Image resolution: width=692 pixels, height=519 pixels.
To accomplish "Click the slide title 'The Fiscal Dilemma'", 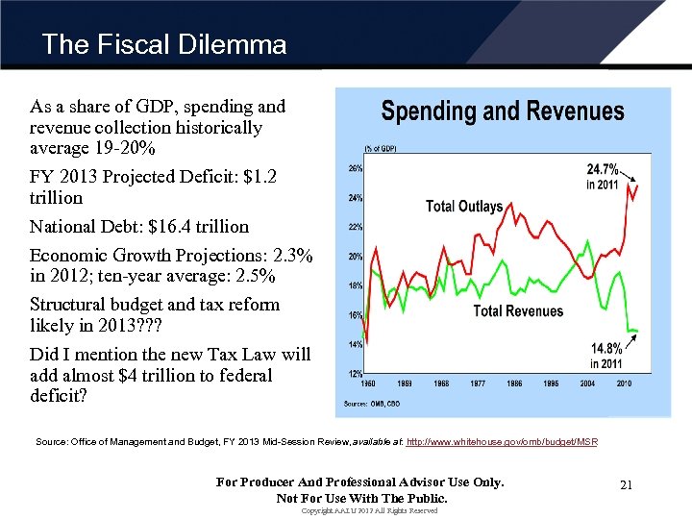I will click(164, 45).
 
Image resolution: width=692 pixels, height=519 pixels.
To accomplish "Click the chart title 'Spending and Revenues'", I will click(503, 111).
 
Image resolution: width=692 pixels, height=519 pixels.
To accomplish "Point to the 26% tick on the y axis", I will click(355, 168).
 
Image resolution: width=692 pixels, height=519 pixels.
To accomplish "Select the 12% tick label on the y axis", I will click(355, 373).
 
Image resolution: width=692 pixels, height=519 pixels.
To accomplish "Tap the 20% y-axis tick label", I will click(355, 257).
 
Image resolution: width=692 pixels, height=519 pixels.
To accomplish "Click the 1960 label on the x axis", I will click(367, 383).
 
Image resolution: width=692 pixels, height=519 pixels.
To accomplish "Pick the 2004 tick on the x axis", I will click(588, 383).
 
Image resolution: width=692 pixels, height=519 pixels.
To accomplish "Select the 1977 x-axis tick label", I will click(478, 383).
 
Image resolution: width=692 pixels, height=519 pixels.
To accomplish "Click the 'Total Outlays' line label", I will click(464, 207).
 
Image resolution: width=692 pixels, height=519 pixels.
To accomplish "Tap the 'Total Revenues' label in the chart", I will click(518, 310).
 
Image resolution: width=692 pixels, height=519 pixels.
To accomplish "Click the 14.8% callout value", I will click(606, 348).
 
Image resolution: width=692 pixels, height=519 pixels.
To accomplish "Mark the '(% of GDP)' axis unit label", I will click(380, 148).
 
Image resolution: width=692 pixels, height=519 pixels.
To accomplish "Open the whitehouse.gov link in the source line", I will click(502, 442).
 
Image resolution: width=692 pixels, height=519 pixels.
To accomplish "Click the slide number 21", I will click(626, 485).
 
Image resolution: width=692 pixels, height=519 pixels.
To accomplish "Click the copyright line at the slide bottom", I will click(369, 511).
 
